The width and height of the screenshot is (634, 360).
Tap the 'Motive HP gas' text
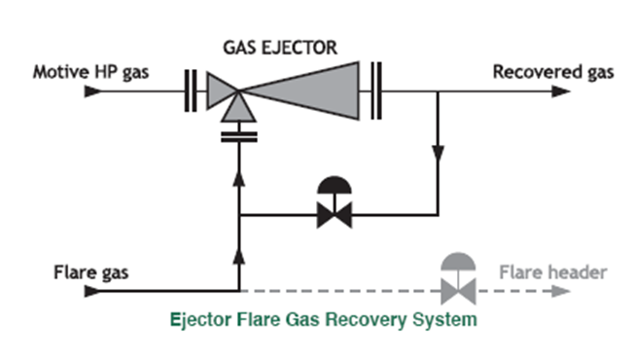pos(91,72)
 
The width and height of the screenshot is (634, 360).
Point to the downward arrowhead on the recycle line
pos(439,154)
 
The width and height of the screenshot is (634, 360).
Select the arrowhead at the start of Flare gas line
pos(91,290)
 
